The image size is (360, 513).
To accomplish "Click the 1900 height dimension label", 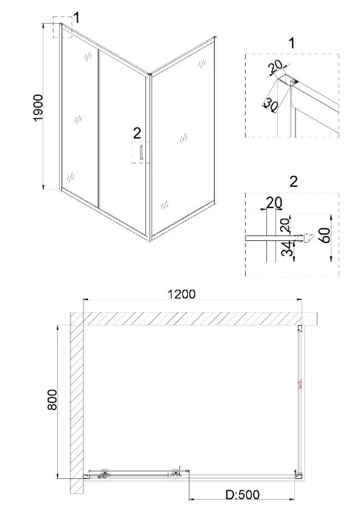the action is coord(38,108).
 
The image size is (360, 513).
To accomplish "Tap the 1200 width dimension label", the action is coord(181,294).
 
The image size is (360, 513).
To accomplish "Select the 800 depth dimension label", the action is coord(52,399).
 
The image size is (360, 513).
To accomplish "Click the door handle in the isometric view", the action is coord(141,153).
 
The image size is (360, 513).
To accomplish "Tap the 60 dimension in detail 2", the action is coord(327,236).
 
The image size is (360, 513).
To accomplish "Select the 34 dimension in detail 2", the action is coord(286,249).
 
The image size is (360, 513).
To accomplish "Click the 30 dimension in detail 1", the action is coord(271,105).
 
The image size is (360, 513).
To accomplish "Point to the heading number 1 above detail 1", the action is coord(292,43).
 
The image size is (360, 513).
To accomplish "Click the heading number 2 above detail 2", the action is coord(294,181).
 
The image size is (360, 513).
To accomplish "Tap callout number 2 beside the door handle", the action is coord(137,133).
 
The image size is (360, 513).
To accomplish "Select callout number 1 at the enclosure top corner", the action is coord(77,18).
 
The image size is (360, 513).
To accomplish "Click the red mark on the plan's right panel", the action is coord(300,385).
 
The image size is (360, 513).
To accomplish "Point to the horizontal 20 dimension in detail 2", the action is coord(274,203).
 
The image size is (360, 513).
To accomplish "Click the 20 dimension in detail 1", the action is coord(275,67).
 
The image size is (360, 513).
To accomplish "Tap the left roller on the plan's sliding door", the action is coord(105,473).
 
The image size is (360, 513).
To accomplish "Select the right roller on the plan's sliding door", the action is coord(176,472).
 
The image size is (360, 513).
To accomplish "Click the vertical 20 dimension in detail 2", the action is coord(285,225).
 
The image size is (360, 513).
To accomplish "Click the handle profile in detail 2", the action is coord(304,238).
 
